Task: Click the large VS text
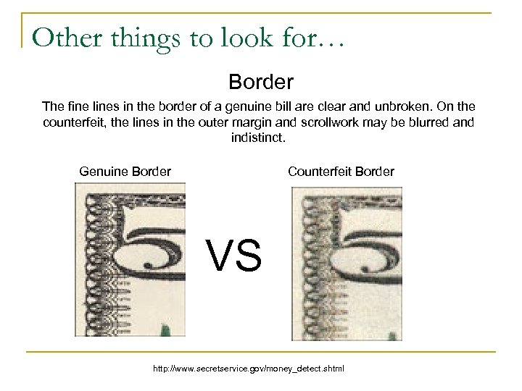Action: click(233, 256)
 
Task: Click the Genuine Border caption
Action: click(125, 172)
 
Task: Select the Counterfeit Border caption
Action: click(341, 172)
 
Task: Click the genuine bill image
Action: click(130, 259)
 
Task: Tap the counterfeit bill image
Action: click(346, 263)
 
